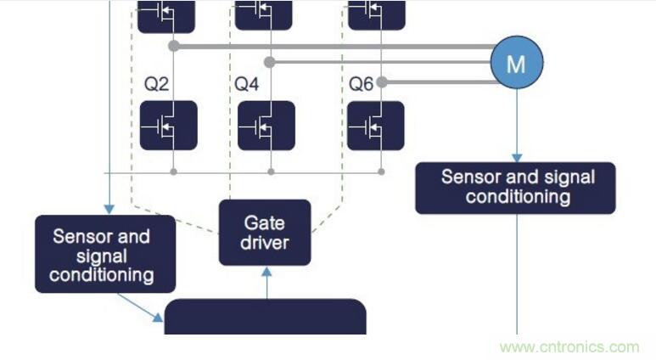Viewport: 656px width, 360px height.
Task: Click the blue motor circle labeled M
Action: click(x=516, y=63)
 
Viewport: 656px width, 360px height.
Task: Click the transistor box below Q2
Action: click(x=168, y=126)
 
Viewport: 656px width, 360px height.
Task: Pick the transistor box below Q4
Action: click(x=266, y=126)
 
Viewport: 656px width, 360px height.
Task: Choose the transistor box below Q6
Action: click(x=376, y=126)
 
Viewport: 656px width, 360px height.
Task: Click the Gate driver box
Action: click(x=266, y=233)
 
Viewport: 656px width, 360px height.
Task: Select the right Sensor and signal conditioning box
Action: click(x=515, y=188)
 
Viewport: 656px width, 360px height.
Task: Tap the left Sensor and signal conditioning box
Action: click(x=105, y=254)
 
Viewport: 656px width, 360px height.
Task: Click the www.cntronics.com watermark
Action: click(x=569, y=346)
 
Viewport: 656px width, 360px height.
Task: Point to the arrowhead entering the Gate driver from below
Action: click(x=266, y=272)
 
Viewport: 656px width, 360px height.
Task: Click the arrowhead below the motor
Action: click(x=516, y=158)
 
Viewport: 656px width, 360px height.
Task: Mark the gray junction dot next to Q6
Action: click(x=382, y=82)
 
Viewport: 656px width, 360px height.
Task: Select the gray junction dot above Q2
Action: click(x=173, y=45)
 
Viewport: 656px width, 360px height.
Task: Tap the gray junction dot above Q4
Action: click(x=269, y=62)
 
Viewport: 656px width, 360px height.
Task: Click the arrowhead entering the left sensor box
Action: click(x=109, y=210)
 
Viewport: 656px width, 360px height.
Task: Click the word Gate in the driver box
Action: click(x=264, y=222)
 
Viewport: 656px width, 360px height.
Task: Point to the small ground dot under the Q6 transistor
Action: click(x=381, y=172)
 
